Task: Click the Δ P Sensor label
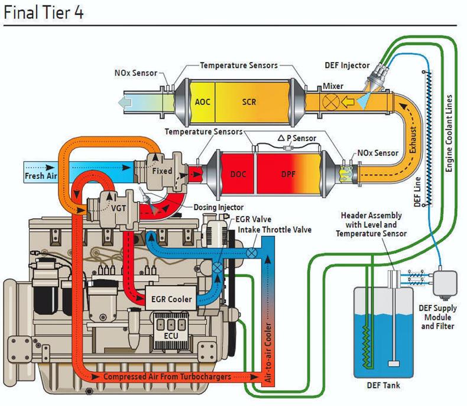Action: (x=297, y=138)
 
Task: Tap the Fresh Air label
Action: (x=40, y=176)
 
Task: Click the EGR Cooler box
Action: (x=171, y=299)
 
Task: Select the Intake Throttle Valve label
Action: (x=274, y=229)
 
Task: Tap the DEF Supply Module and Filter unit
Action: (x=446, y=283)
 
